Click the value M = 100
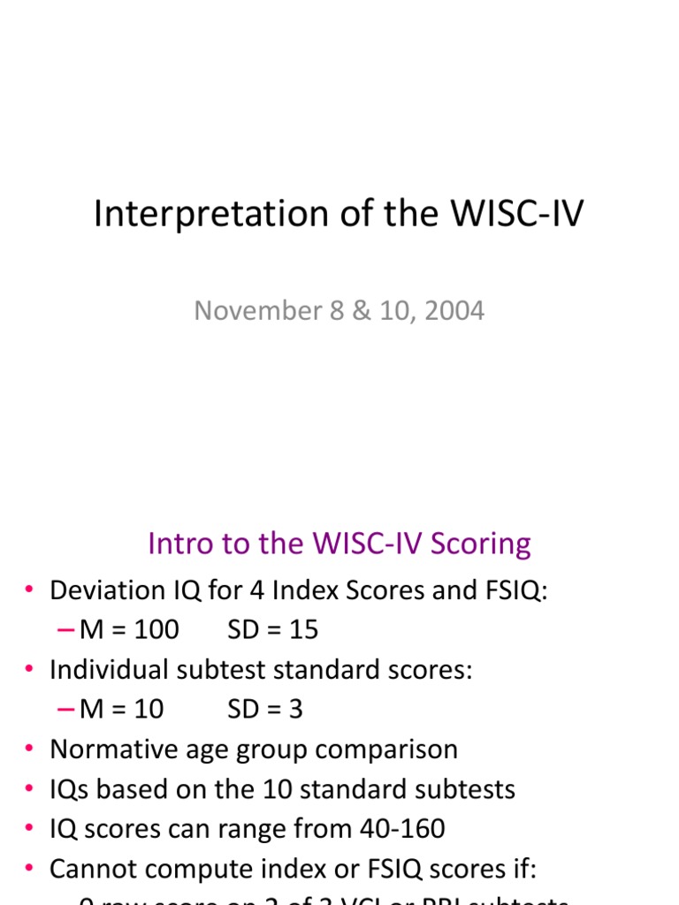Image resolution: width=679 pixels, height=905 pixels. pos(129,630)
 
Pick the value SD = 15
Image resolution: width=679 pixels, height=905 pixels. pos(272,630)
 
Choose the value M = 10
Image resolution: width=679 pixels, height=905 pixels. pos(121,710)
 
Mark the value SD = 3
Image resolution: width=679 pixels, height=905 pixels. pos(265,710)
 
